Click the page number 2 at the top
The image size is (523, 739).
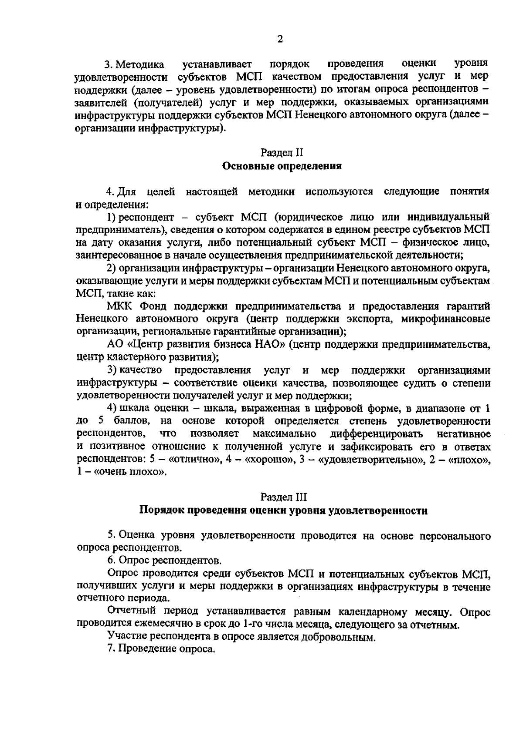[280, 39]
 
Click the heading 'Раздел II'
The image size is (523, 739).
[281, 153]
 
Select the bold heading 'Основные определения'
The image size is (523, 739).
[282, 166]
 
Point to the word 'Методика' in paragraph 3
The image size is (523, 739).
[140, 64]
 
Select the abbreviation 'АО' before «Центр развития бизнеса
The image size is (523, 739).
[115, 345]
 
